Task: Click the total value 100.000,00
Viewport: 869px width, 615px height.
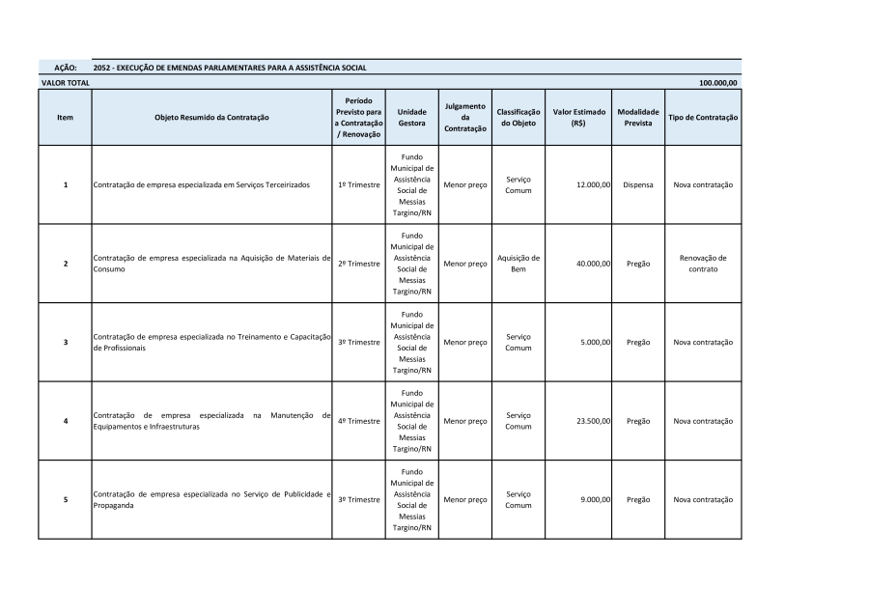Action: coord(717,83)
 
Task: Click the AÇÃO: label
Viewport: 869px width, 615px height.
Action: coord(65,68)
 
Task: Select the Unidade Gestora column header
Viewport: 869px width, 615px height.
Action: coord(411,117)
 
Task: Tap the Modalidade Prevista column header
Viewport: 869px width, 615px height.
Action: coord(637,117)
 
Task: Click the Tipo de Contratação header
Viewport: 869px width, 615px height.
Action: coord(703,117)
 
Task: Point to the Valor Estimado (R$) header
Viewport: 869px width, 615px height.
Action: coord(578,117)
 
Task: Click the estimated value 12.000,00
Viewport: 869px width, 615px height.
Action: coord(592,184)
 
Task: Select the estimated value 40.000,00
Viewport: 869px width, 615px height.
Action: coord(592,264)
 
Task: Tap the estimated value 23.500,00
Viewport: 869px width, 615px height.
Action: coord(592,421)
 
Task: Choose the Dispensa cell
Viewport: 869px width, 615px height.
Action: coord(637,184)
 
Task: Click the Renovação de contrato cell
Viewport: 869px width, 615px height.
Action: coord(703,264)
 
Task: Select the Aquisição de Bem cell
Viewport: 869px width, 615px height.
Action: coord(519,264)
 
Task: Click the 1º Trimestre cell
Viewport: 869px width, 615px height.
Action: coord(358,184)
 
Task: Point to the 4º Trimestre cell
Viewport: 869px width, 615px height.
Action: coord(358,421)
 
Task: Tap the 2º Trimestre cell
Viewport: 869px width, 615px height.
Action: coord(358,264)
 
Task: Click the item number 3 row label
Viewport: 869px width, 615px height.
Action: coord(65,342)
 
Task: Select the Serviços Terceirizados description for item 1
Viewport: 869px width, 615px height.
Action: coord(202,184)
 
